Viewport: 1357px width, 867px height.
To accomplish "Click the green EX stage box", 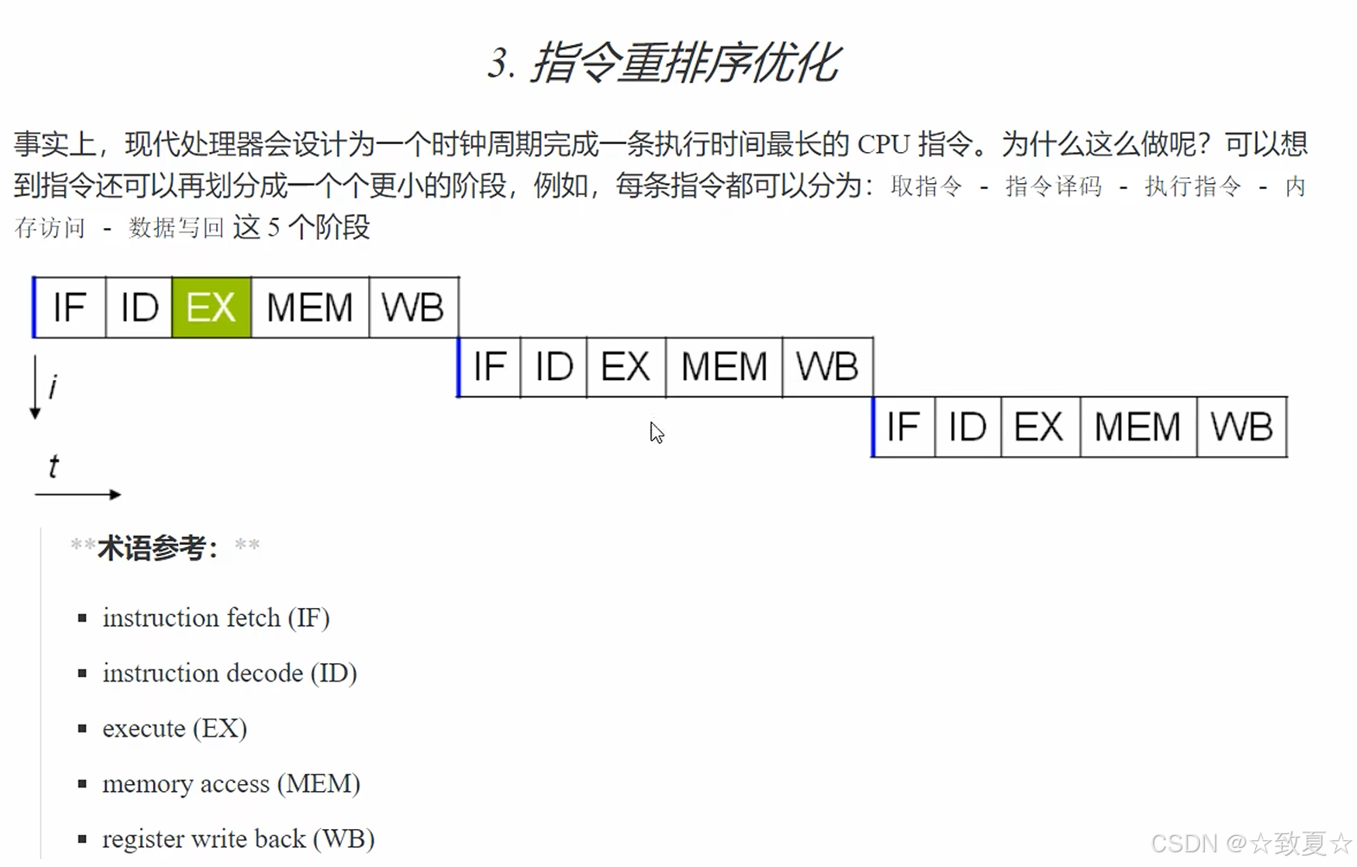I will pyautogui.click(x=212, y=307).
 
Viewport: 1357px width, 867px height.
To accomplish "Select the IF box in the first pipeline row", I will pyautogui.click(x=70, y=307).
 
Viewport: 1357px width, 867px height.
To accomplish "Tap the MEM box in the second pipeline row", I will pyautogui.click(x=724, y=367).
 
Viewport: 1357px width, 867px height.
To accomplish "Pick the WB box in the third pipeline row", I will pyautogui.click(x=1241, y=427).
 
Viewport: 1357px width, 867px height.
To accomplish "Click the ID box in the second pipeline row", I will pyautogui.click(x=554, y=367).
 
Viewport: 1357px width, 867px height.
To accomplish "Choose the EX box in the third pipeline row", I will pyautogui.click(x=1039, y=427).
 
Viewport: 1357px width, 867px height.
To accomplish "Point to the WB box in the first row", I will pyautogui.click(x=413, y=307).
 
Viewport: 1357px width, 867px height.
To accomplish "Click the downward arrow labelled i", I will pyautogui.click(x=35, y=387).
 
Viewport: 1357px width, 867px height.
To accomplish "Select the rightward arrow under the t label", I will pyautogui.click(x=78, y=495).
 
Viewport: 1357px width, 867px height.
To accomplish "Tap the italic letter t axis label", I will pyautogui.click(x=54, y=466).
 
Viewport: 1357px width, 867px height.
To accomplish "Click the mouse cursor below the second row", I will pyautogui.click(x=656, y=433).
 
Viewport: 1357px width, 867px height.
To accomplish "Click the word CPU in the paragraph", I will pyautogui.click(x=883, y=144).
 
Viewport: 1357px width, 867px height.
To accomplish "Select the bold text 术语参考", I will pyautogui.click(x=157, y=547).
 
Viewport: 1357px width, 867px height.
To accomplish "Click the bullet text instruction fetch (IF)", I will pyautogui.click(x=216, y=618).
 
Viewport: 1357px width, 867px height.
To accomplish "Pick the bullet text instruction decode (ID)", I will pyautogui.click(x=230, y=674).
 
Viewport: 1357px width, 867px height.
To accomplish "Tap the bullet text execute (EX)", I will pyautogui.click(x=174, y=729).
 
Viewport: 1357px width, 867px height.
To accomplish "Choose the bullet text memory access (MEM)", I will pyautogui.click(x=231, y=784).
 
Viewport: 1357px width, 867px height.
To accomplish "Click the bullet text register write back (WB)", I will pyautogui.click(x=238, y=839).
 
